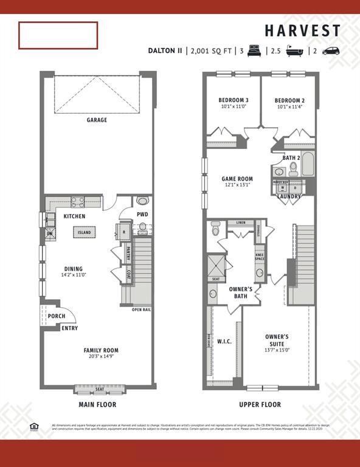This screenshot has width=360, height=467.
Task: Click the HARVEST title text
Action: click(302, 31)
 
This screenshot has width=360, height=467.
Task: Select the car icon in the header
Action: click(331, 51)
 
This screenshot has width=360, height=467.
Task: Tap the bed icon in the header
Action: click(254, 51)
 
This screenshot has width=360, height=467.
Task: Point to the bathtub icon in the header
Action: click(296, 51)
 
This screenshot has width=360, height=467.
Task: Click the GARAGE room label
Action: click(97, 120)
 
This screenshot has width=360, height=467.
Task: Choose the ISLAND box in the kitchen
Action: click(83, 232)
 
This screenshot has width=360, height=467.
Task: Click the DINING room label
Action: click(74, 269)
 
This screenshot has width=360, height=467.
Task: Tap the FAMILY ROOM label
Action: click(101, 350)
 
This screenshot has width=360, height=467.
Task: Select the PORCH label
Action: click(56, 316)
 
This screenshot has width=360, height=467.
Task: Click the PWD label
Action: click(142, 215)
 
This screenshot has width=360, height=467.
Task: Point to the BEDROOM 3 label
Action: click(234, 100)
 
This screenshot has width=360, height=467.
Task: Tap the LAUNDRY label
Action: click(289, 196)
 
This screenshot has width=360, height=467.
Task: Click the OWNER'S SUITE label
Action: click(277, 336)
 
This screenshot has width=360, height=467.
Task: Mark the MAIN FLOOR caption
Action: click(97, 404)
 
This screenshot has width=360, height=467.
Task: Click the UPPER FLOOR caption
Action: click(260, 404)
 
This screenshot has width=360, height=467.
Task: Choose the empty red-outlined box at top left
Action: click(58, 35)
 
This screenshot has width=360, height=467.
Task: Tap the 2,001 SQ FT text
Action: click(210, 51)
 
